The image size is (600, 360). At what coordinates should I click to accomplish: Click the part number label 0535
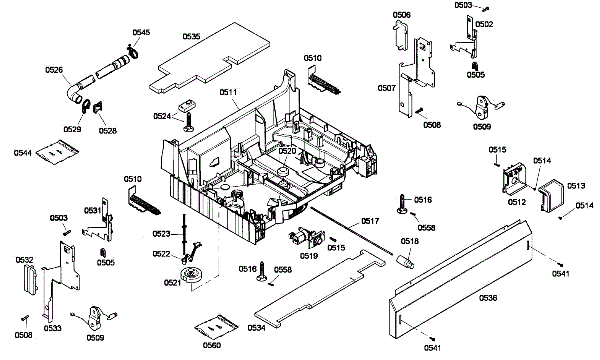click(191, 36)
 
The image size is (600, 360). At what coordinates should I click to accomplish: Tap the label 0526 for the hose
click(54, 70)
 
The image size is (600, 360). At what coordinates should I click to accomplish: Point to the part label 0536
click(488, 298)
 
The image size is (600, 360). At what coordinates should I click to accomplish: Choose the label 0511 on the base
click(227, 92)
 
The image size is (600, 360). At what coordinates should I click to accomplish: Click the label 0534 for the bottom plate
click(256, 328)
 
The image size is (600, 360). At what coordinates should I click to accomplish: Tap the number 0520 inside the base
click(287, 151)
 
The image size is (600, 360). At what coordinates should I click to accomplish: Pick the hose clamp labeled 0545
click(133, 51)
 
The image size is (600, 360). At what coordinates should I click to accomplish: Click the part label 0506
click(402, 15)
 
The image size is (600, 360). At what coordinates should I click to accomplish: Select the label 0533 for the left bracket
click(52, 328)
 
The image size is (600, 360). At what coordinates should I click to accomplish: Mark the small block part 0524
click(186, 106)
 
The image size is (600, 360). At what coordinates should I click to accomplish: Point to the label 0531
click(92, 211)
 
